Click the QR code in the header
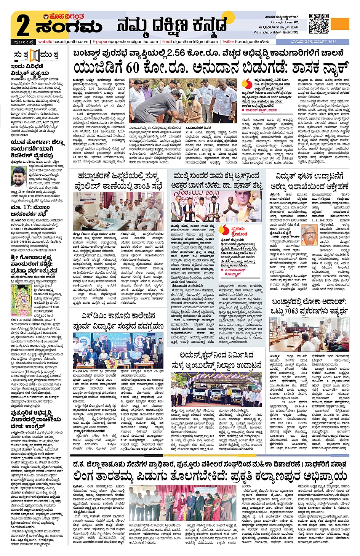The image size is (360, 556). (x=318, y=24)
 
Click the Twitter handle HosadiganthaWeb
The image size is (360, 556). (x=251, y=42)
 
